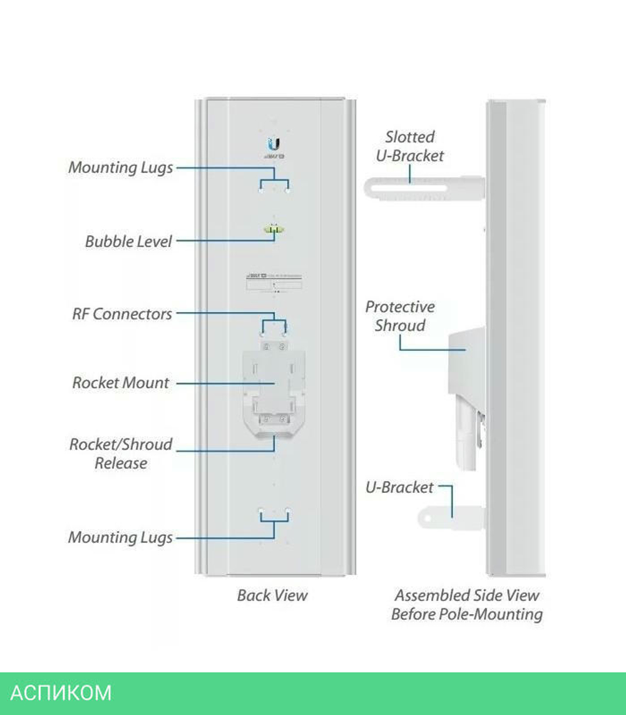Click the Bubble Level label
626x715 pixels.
[x=128, y=241]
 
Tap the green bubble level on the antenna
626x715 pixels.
[x=273, y=230]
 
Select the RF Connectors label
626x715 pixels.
[x=122, y=314]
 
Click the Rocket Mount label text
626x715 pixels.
[x=121, y=383]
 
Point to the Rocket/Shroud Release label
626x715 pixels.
[x=121, y=454]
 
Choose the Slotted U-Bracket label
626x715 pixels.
[x=410, y=146]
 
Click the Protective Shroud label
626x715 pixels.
[x=400, y=316]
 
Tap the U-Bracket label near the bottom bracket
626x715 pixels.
[x=399, y=487]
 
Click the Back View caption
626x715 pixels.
[x=272, y=595]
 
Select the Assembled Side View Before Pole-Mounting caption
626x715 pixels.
[x=466, y=604]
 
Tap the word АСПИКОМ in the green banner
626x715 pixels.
[x=61, y=693]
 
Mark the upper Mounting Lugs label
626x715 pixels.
[x=121, y=168]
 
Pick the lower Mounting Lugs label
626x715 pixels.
[x=121, y=537]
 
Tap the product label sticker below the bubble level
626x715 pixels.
[x=274, y=281]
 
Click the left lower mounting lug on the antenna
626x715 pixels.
[x=261, y=511]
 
